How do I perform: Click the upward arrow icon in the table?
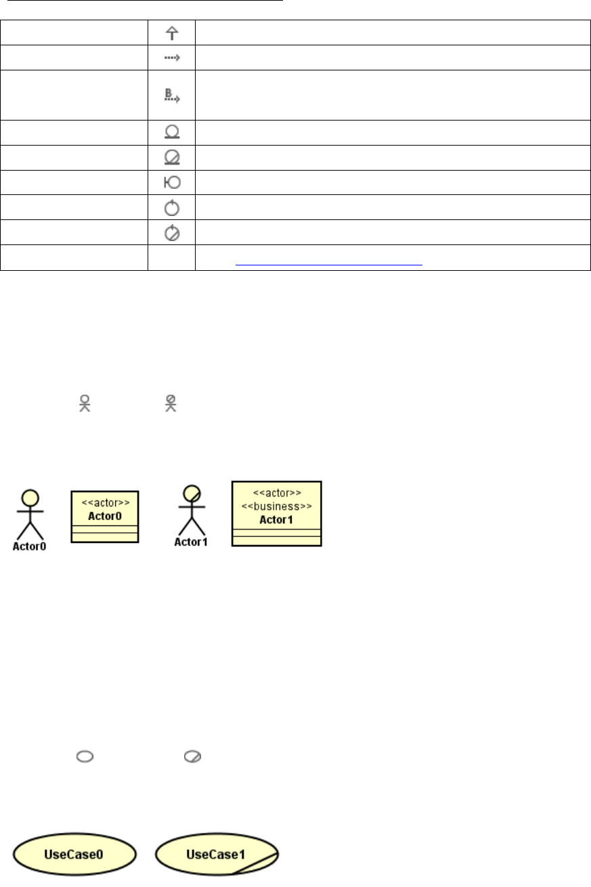[x=171, y=32]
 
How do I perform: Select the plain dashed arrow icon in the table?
[x=171, y=58]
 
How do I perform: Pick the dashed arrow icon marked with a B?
[x=171, y=95]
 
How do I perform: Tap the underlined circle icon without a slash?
[x=171, y=132]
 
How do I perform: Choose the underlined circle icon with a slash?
[x=171, y=157]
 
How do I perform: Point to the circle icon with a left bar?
[x=171, y=182]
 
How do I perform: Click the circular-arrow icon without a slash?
[x=171, y=207]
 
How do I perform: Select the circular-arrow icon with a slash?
[x=171, y=232]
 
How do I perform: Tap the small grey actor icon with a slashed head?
[x=171, y=403]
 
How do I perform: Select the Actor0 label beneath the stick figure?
[x=30, y=546]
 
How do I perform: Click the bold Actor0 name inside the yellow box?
[x=105, y=515]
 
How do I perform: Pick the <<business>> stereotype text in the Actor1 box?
[x=276, y=506]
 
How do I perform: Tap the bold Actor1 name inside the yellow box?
[x=276, y=519]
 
